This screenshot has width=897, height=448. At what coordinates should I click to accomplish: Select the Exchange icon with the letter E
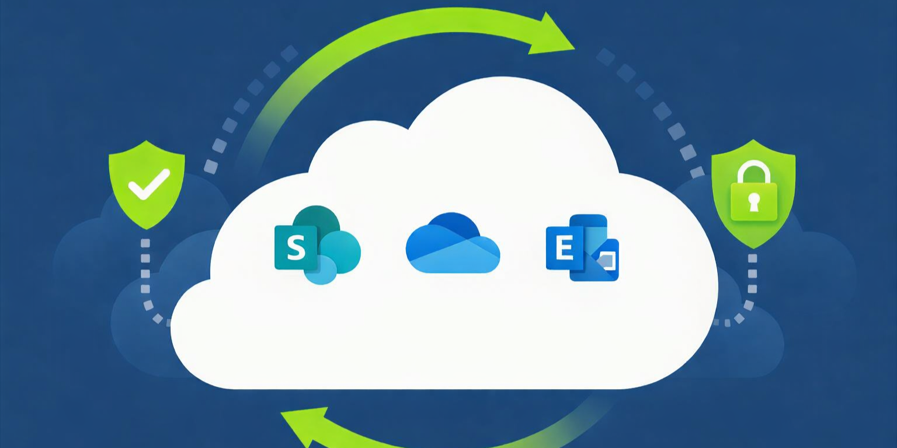[582, 248]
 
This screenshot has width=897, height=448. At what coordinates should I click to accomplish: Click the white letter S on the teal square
[296, 249]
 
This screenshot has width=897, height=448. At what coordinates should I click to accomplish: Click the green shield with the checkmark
[147, 183]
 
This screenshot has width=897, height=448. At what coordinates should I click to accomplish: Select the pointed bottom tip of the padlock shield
[753, 246]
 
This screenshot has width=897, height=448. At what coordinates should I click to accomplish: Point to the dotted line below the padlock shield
[752, 280]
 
